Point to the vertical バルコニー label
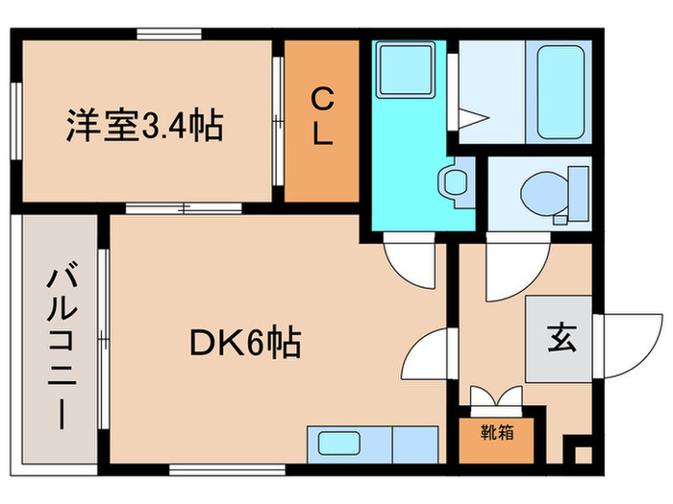[56, 348]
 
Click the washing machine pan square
[405, 70]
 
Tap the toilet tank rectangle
[578, 193]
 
